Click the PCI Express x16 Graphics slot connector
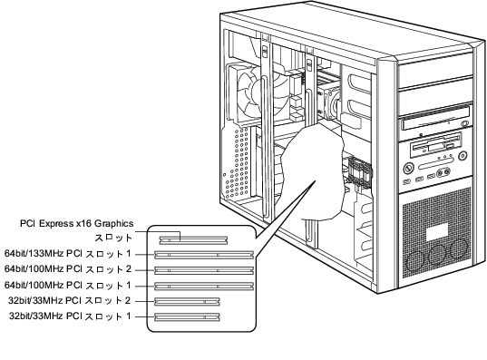coord(193,240)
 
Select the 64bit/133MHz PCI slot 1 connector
coord(204,255)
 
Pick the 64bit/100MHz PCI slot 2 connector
coord(204,270)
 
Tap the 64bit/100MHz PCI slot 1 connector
coord(204,286)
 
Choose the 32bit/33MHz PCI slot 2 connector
coord(187,302)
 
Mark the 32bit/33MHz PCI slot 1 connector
coord(187,317)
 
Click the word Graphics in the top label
coord(113,224)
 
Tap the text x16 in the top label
coord(83,223)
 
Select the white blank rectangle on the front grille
coord(437,233)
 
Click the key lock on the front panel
coord(409,169)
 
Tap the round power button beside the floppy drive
coord(463,155)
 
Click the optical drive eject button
coord(465,123)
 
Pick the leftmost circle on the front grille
coord(414,261)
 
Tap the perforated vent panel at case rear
coord(237,164)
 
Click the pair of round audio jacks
coord(443,172)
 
